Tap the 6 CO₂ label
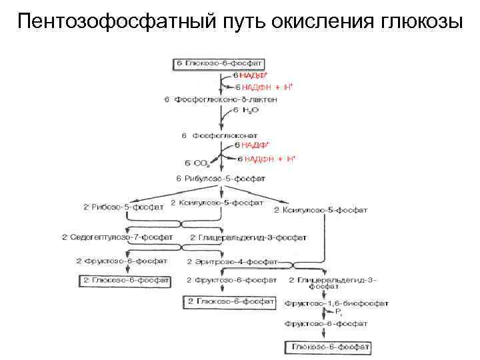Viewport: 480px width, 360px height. click(198, 162)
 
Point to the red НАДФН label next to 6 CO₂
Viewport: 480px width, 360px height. click(266, 159)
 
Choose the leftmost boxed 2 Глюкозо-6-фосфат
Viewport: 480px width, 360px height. click(124, 281)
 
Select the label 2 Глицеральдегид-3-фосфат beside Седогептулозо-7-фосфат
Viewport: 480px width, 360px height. click(248, 237)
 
